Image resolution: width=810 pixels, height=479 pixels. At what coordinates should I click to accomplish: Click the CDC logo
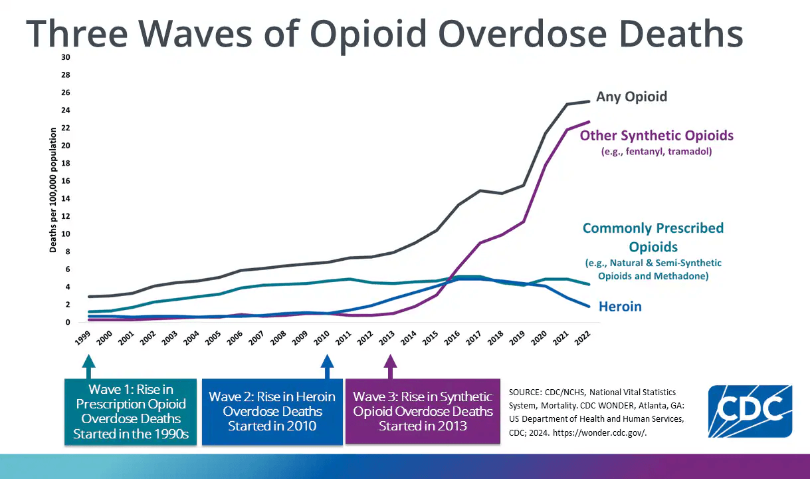pos(750,410)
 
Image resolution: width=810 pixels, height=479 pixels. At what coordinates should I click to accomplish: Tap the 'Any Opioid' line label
pos(631,96)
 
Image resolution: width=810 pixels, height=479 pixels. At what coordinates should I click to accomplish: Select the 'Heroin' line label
pos(621,307)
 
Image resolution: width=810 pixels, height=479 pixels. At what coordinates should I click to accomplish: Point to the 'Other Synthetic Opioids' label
pos(657,136)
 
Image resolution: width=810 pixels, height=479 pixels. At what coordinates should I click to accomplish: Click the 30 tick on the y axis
pos(65,57)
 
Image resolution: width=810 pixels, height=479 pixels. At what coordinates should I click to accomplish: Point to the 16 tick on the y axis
pos(65,181)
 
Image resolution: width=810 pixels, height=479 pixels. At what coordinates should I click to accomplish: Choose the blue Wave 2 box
pos(272,411)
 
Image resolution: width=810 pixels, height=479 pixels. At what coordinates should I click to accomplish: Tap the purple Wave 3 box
pos(423,411)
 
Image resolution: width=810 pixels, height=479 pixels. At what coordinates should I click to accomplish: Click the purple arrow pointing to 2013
pos(390,365)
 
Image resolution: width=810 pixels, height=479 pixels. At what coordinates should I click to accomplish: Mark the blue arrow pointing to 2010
pos(326,365)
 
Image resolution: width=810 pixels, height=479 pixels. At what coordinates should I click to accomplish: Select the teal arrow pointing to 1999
pos(88,365)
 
